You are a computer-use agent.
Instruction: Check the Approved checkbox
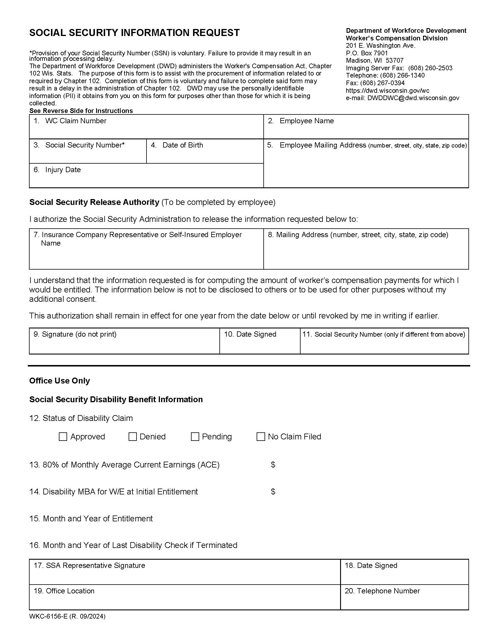[x=63, y=437]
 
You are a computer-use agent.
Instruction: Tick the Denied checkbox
[x=132, y=437]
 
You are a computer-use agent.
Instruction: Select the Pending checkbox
[x=195, y=437]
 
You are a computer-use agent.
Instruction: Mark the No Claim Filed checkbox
[x=260, y=437]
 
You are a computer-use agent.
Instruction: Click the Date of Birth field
[x=205, y=155]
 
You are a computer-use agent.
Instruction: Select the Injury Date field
[x=146, y=179]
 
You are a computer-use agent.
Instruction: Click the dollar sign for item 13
[x=273, y=465]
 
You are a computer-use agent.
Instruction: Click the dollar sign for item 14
[x=273, y=492]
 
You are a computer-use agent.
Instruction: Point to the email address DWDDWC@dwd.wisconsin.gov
[x=413, y=98]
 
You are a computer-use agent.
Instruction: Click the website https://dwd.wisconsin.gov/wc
[x=387, y=91]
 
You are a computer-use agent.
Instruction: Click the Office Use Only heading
[x=59, y=381]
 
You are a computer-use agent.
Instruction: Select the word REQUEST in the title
[x=216, y=33]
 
